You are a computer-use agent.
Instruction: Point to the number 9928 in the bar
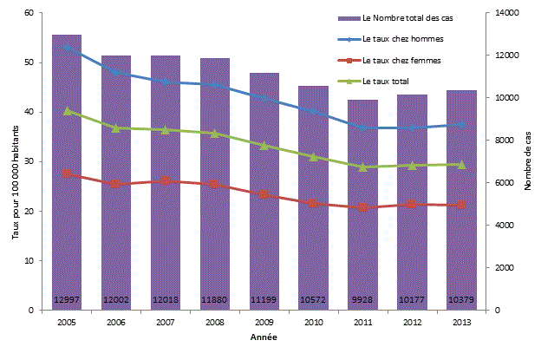tap(364, 300)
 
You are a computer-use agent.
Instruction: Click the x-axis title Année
tap(264, 336)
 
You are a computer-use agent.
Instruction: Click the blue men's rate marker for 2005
tap(67, 47)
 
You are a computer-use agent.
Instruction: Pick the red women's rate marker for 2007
tap(166, 181)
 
